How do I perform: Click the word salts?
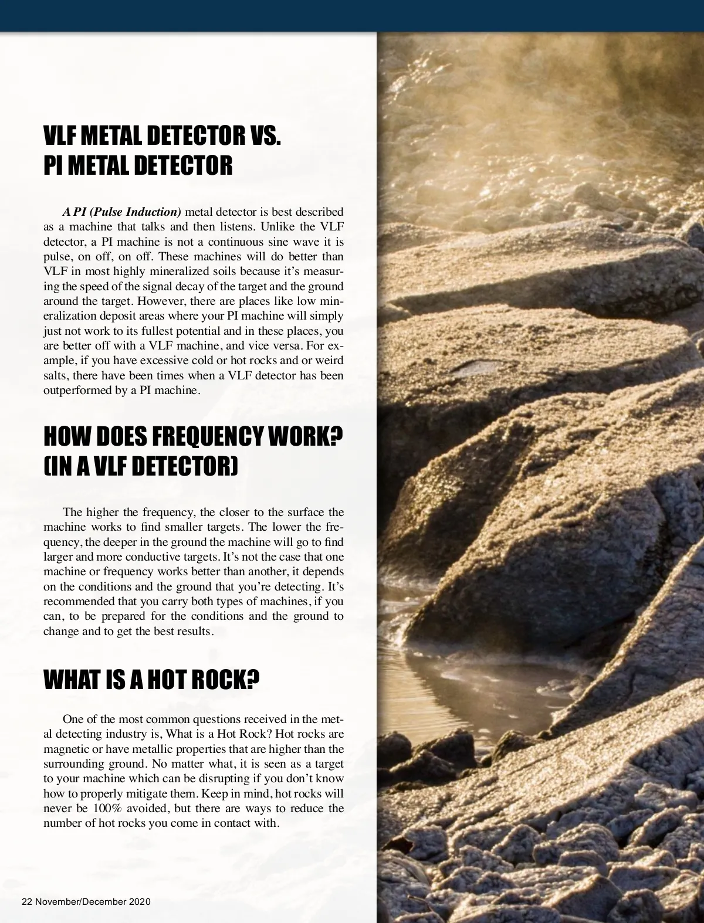click(x=55, y=375)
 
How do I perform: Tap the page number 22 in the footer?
click(x=26, y=901)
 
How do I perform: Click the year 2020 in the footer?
click(x=140, y=901)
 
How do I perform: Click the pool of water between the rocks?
click(x=475, y=692)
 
